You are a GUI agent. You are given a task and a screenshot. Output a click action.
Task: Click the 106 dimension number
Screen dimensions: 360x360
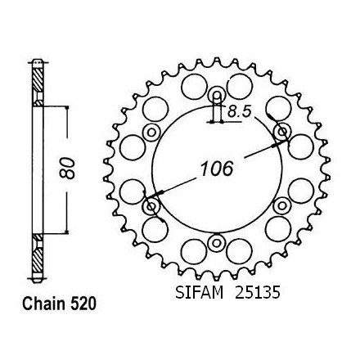[217, 169]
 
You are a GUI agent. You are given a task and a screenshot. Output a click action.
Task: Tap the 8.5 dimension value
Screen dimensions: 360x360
[239, 111]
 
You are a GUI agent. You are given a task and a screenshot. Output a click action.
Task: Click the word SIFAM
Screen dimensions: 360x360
[199, 293]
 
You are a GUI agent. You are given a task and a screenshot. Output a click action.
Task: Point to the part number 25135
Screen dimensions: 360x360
[258, 293]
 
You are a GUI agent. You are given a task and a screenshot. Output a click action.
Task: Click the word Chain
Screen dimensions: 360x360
[44, 304]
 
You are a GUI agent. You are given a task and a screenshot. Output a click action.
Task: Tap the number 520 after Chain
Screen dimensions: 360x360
[83, 304]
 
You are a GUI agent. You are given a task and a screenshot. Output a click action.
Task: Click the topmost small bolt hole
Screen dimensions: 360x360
[217, 95]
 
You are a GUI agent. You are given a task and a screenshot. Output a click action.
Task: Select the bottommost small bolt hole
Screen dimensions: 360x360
[217, 242]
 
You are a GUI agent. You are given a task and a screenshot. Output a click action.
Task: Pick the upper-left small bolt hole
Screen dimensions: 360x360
[151, 133]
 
